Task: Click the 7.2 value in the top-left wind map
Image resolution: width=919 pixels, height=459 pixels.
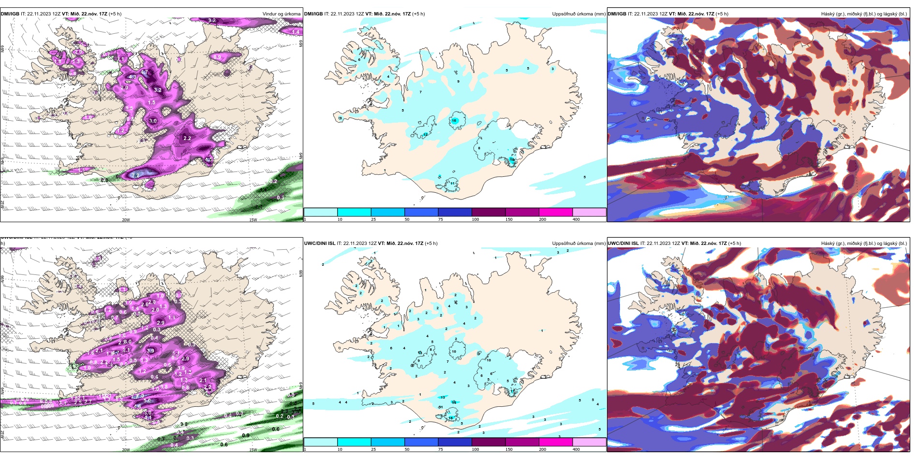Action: coord(136,175)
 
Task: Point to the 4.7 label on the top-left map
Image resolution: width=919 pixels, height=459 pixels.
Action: coord(144,72)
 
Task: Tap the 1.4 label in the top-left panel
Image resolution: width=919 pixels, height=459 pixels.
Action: coord(296,32)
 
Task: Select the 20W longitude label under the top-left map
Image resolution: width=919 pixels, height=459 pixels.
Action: coord(126,220)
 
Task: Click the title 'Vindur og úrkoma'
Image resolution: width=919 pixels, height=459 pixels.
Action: coord(281,14)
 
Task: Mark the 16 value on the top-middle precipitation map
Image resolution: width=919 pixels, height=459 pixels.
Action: coord(454,121)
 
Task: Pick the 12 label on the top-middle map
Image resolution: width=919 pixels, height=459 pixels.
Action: coord(425,134)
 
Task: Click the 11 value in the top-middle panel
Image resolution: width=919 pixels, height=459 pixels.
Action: coord(452,183)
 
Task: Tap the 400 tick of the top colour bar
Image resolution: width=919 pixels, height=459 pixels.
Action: coord(576,219)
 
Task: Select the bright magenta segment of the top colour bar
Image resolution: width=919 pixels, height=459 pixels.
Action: coord(556,212)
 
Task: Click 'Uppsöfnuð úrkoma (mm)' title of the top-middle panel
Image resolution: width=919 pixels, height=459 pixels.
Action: coord(578,14)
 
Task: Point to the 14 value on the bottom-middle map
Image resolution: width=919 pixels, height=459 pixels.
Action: coord(454,402)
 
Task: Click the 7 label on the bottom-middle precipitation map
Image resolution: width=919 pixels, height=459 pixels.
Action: coord(448,361)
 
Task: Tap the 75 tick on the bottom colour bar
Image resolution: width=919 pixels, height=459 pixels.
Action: coord(441,449)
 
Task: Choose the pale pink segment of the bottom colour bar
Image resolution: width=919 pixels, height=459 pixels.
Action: coord(589,442)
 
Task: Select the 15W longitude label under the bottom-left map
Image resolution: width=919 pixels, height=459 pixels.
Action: coord(253,450)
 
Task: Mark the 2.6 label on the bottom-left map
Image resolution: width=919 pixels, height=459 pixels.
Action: coord(145,305)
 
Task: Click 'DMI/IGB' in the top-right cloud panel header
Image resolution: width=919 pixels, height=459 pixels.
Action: coord(616,14)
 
